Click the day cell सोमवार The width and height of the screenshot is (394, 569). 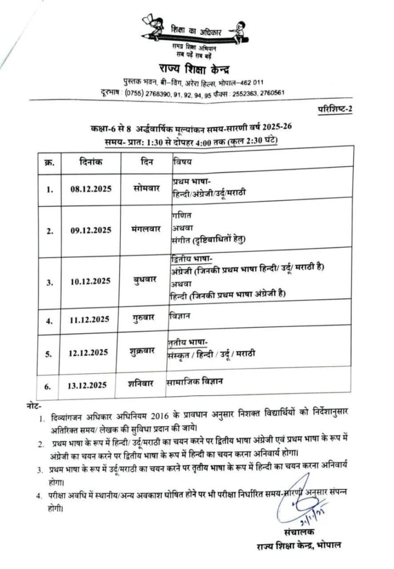point(146,188)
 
